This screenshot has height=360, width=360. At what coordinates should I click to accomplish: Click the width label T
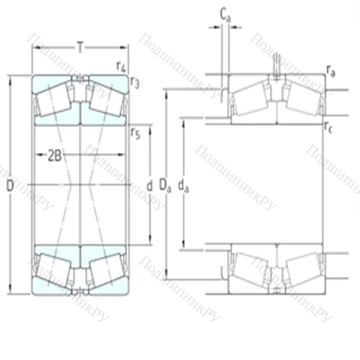[80, 48]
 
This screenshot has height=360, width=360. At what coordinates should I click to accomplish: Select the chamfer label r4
[121, 66]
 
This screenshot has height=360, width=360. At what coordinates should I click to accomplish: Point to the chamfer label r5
[135, 131]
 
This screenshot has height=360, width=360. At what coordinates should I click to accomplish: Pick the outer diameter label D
[9, 186]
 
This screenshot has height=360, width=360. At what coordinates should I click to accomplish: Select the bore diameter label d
[149, 186]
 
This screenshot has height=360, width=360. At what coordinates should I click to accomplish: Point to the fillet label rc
[330, 129]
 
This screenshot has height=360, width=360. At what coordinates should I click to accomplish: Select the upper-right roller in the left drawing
[104, 96]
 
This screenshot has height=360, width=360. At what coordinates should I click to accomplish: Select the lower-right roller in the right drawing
[299, 272]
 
